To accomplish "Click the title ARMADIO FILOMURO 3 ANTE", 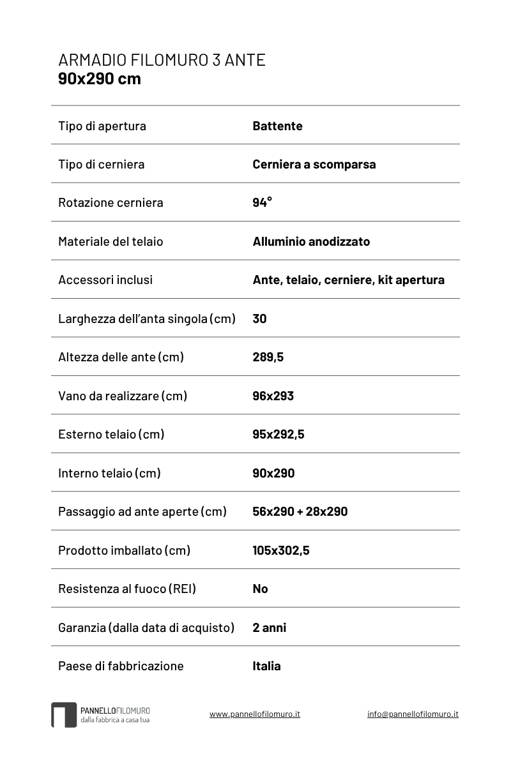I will click(162, 61).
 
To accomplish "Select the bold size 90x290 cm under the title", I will click(99, 79).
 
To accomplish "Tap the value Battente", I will click(277, 126).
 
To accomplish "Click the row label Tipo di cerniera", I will click(101, 164).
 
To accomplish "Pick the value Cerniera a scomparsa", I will click(314, 164).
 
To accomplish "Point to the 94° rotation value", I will click(262, 202).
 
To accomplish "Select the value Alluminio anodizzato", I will click(311, 241).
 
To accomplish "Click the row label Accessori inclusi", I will click(105, 280).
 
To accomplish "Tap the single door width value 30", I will click(259, 319).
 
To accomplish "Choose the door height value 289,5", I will click(268, 357).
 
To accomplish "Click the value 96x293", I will click(273, 396).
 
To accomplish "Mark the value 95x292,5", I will click(278, 434).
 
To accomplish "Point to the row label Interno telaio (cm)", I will click(109, 473).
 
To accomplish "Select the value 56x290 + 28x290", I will click(300, 511).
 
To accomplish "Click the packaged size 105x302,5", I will click(280, 550).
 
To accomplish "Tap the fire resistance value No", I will click(260, 589).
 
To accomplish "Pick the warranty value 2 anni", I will click(269, 627).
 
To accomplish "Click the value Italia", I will click(266, 666).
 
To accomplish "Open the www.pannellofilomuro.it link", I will click(254, 714).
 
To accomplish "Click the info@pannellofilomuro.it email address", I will click(413, 714).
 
